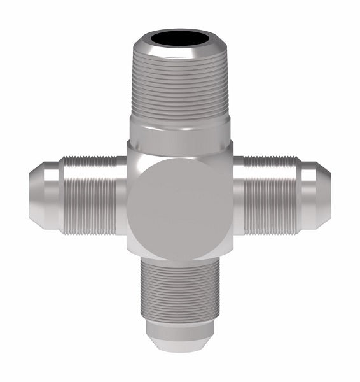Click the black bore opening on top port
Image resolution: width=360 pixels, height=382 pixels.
pyautogui.click(x=179, y=39)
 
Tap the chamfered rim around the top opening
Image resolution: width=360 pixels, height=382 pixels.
pyautogui.click(x=179, y=52)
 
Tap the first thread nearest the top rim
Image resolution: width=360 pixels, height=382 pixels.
pyautogui.click(x=179, y=60)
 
